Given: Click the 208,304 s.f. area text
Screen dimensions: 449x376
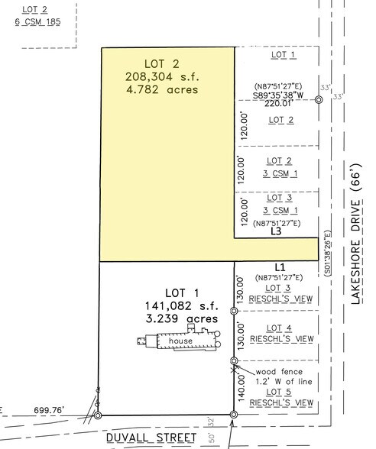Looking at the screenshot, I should pos(161,76).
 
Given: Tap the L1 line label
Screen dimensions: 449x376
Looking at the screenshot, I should pos(279,266).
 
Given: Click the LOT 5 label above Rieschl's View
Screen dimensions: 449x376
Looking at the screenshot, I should pos(279,391).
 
